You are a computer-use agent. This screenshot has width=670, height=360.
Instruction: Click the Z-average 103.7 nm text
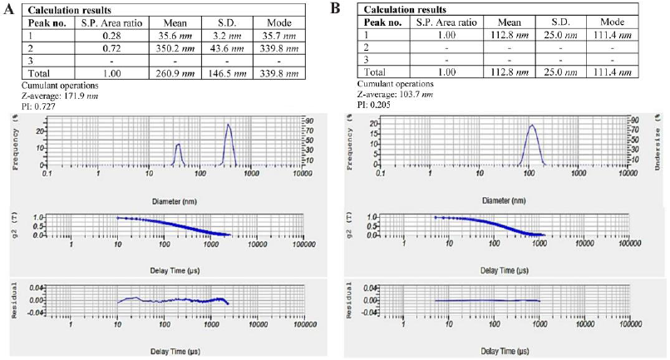(x=396, y=96)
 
